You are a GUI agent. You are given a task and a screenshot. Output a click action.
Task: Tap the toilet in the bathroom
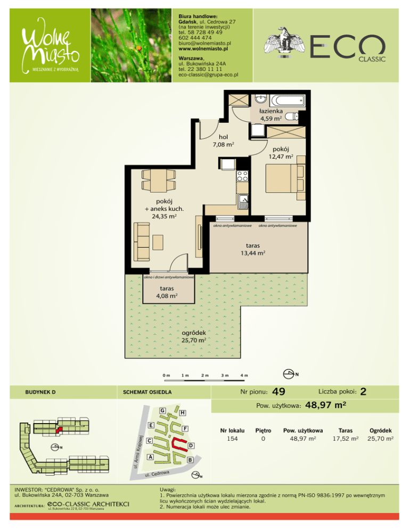pyautogui.click(x=292, y=117)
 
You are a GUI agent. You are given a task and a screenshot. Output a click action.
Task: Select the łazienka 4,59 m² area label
pyautogui.click(x=271, y=115)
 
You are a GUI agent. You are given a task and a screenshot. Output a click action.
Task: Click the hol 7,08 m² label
pyautogui.click(x=223, y=140)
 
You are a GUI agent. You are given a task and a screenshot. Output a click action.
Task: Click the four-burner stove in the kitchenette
pyautogui.click(x=242, y=176)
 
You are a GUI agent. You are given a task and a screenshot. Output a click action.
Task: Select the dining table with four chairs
pyautogui.click(x=159, y=180)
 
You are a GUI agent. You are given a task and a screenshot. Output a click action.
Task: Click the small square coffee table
pyautogui.click(x=158, y=242)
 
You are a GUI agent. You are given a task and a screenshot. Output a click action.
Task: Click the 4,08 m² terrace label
pyautogui.click(x=167, y=292)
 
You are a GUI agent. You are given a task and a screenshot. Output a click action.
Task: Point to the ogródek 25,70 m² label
pyautogui.click(x=193, y=336)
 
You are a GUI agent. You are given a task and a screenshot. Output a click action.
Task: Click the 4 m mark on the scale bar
pyautogui.click(x=244, y=375)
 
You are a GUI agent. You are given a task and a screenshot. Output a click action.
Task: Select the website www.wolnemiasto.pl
pyautogui.click(x=203, y=48)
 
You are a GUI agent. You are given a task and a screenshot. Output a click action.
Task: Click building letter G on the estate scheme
pyautogui.click(x=162, y=410)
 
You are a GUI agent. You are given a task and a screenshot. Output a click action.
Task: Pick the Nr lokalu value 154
pyautogui.click(x=232, y=439)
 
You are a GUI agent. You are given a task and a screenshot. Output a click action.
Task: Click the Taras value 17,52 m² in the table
pyautogui.click(x=346, y=439)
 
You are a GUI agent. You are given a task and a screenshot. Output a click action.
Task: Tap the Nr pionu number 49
pyautogui.click(x=279, y=392)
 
